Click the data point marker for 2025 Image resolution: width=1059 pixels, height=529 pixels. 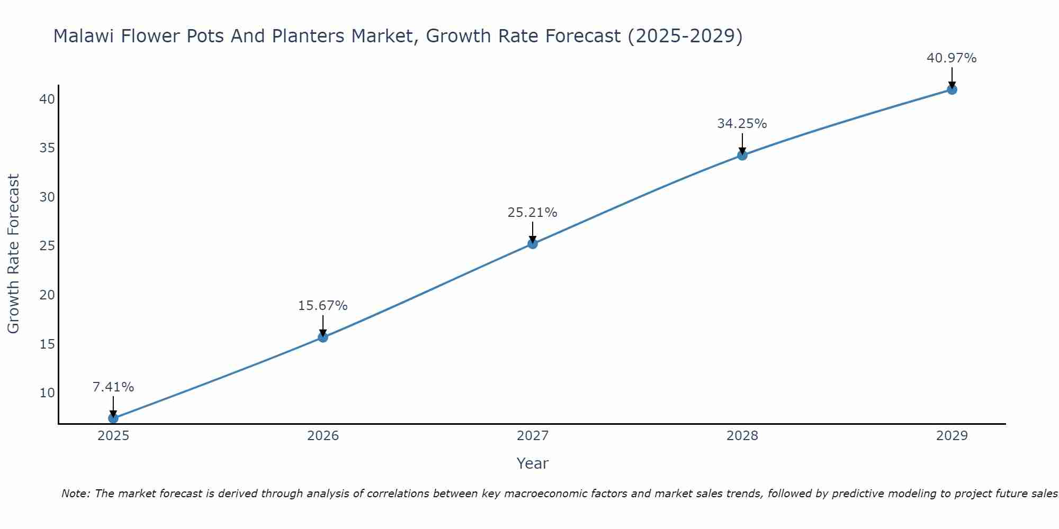click(113, 418)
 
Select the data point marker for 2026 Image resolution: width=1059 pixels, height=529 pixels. click(323, 337)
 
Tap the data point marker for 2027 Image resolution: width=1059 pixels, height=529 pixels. click(533, 243)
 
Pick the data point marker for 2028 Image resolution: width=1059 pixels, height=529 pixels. click(742, 155)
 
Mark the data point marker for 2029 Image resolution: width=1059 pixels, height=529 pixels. click(952, 89)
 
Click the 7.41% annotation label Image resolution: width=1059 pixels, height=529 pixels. click(113, 387)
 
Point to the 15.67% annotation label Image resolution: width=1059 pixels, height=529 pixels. click(322, 306)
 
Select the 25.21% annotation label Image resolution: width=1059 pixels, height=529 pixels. click(532, 213)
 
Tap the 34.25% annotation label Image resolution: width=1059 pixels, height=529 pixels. click(742, 124)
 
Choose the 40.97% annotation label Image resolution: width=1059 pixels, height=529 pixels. click(952, 58)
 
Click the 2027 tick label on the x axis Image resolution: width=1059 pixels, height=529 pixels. click(533, 436)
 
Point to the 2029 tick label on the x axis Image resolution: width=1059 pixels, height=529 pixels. click(952, 436)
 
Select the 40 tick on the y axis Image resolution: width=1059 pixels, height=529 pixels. click(47, 99)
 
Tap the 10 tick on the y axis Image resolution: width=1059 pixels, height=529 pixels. click(47, 393)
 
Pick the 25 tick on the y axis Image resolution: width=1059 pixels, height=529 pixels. click(47, 246)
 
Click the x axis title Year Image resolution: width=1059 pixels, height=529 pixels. click(532, 463)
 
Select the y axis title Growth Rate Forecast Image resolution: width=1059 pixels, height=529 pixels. click(13, 254)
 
